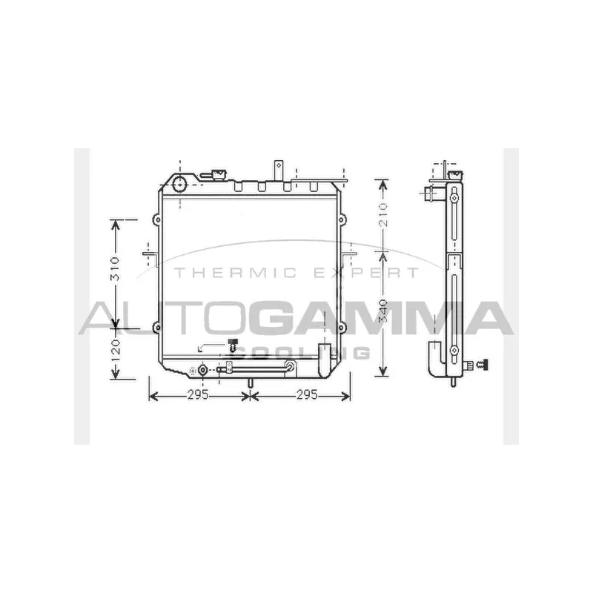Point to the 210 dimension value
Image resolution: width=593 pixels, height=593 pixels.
(x=382, y=214)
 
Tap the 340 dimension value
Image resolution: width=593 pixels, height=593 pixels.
(x=382, y=313)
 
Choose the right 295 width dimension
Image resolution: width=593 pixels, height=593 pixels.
(x=305, y=395)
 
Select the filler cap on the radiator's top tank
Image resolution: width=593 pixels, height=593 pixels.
(x=218, y=175)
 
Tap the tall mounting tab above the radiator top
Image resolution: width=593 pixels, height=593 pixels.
(x=280, y=168)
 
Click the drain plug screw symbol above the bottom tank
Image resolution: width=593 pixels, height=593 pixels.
(x=233, y=344)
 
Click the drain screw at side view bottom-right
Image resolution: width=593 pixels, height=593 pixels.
(x=484, y=364)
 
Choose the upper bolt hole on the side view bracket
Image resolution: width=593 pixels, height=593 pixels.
(x=452, y=197)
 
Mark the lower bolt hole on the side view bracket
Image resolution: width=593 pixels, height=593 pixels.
(x=452, y=350)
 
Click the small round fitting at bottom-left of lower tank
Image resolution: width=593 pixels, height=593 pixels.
(x=202, y=370)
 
